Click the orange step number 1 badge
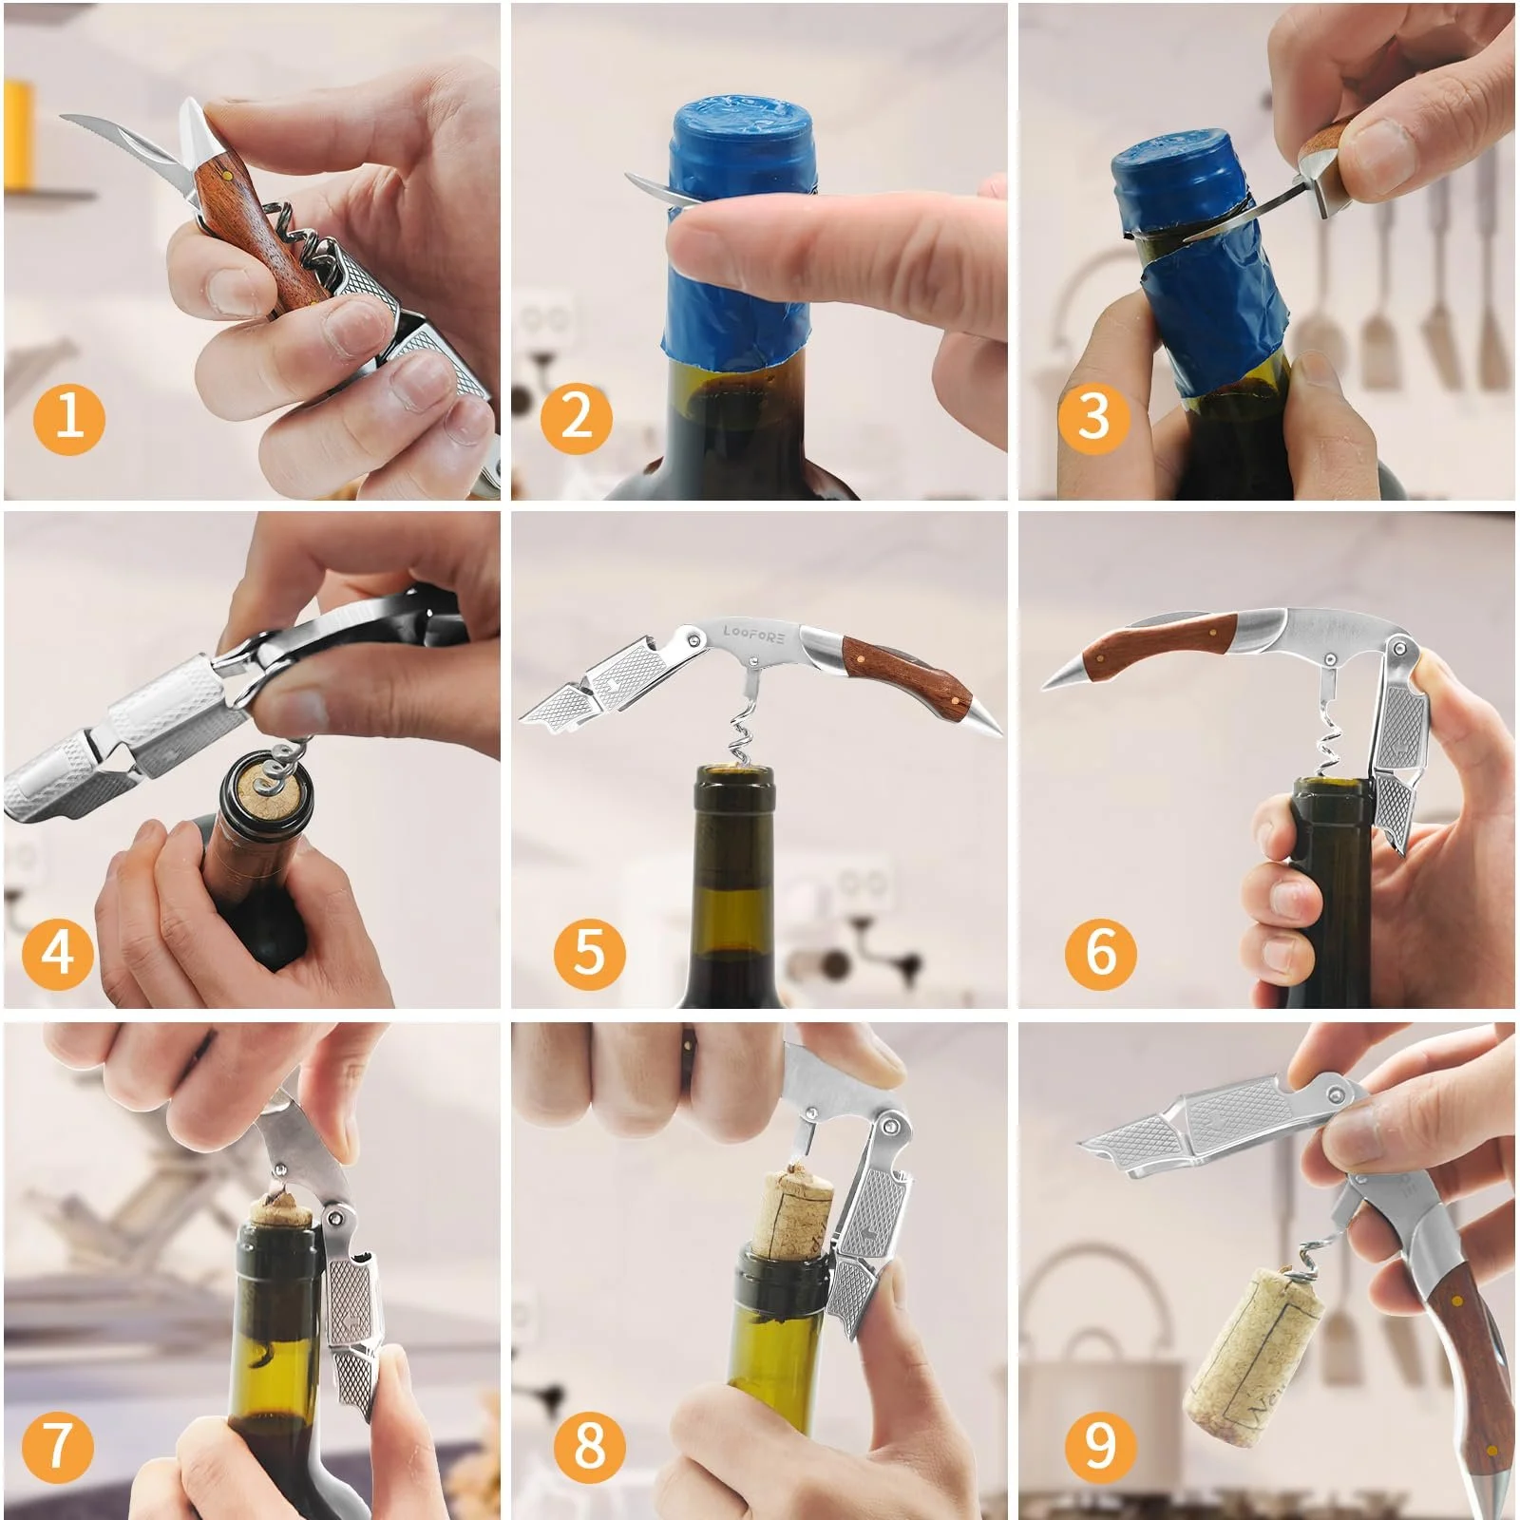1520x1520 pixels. tap(68, 417)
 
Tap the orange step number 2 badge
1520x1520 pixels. tap(577, 417)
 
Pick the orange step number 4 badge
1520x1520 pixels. tap(57, 951)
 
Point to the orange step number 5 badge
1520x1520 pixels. tap(589, 951)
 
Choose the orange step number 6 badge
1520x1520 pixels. tap(1100, 951)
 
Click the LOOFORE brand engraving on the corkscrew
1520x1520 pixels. tap(754, 635)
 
